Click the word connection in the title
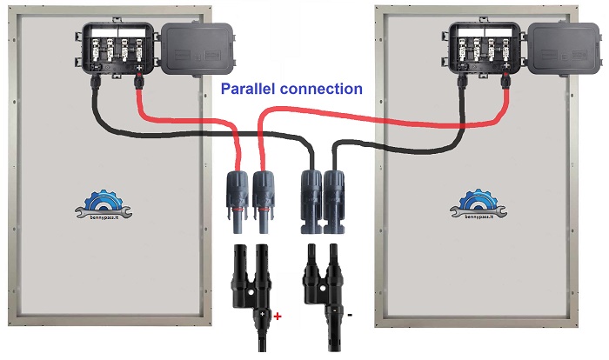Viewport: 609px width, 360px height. point(322,89)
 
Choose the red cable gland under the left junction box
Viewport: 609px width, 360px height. point(139,83)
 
